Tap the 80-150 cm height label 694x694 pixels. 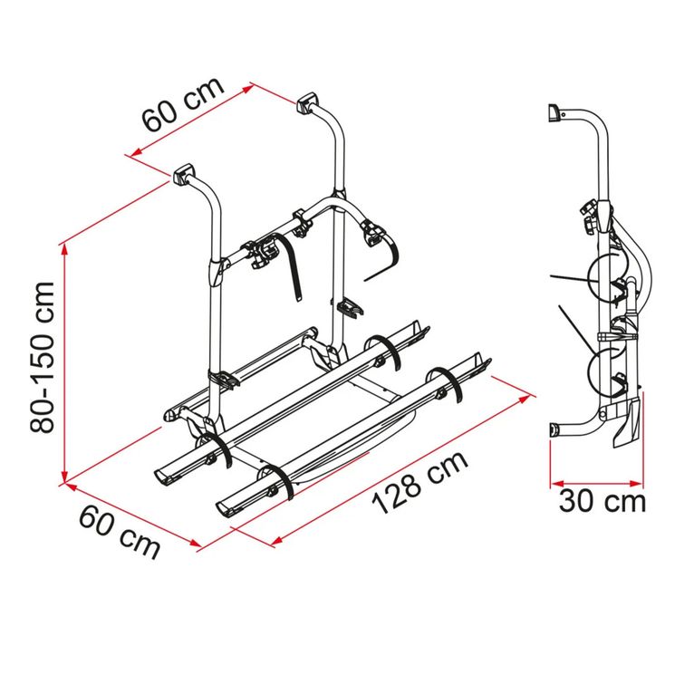(x=43, y=357)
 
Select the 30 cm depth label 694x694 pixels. (x=602, y=501)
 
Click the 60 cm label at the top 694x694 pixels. (x=183, y=104)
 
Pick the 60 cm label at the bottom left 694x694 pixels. (x=120, y=533)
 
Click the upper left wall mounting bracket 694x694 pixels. (x=184, y=174)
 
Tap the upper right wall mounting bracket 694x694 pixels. (x=307, y=103)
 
